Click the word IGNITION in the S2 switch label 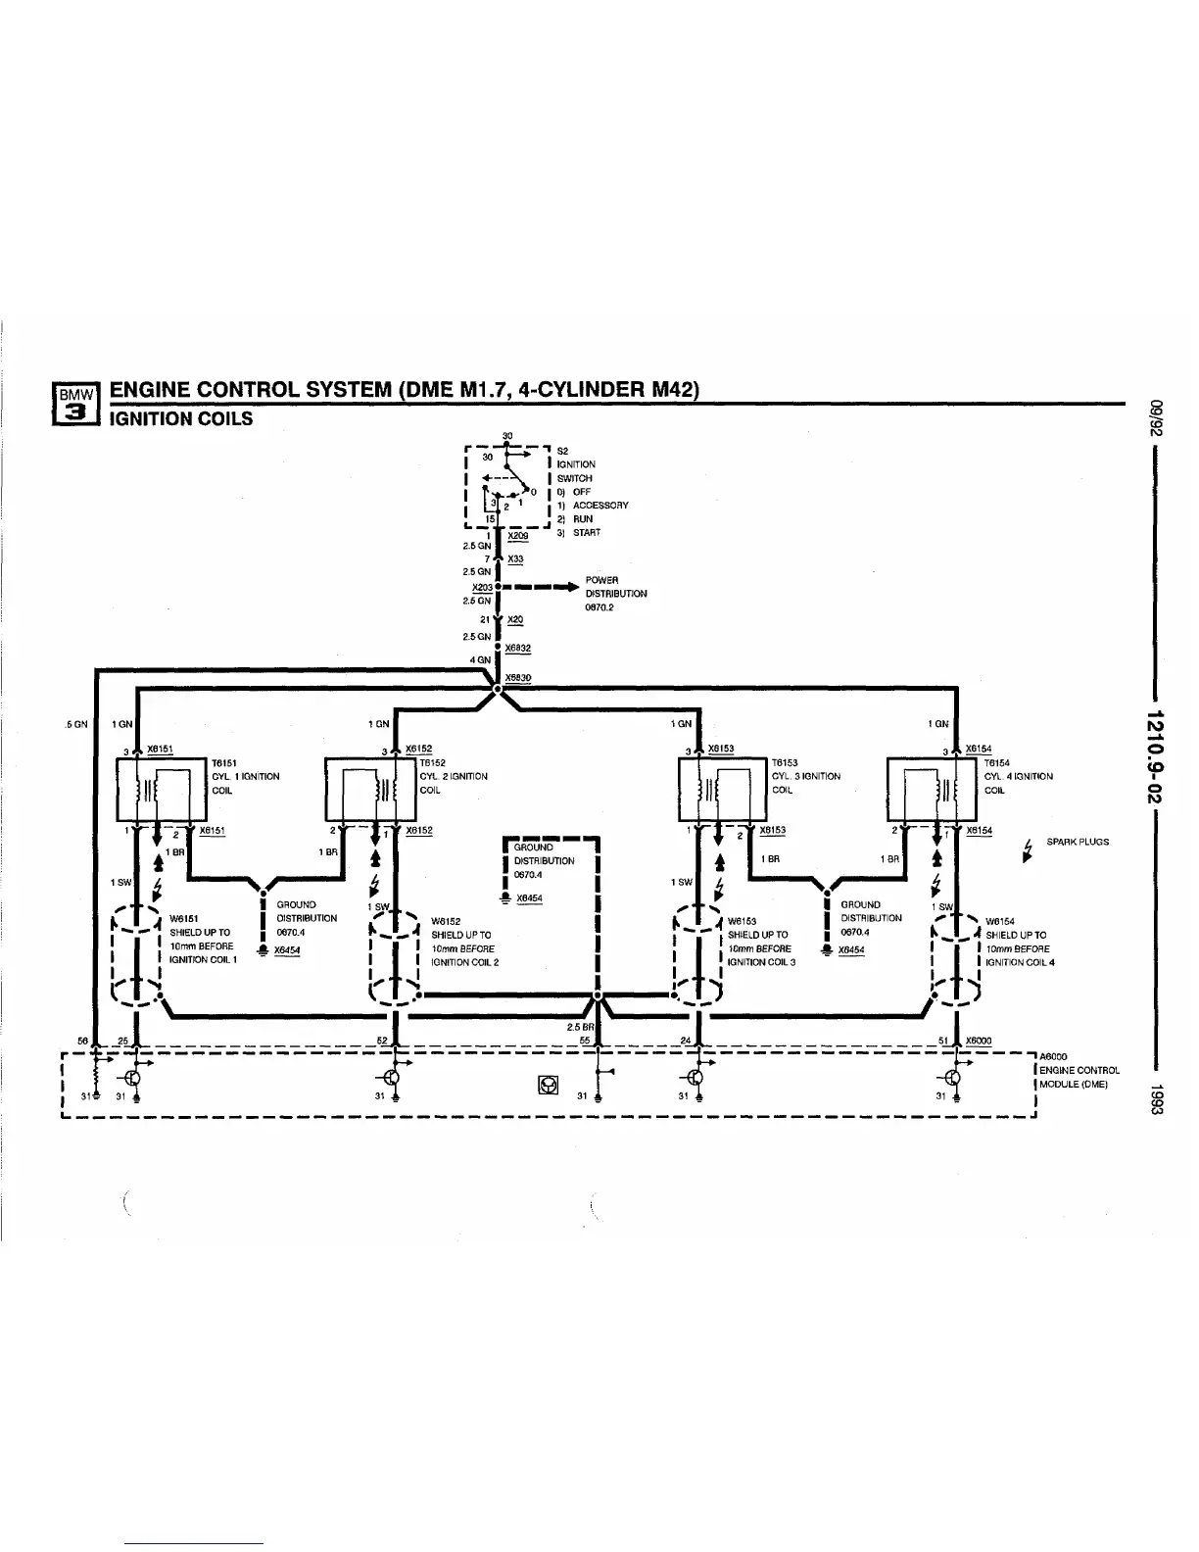[575, 464]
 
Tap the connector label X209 [519, 536]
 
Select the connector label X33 [515, 559]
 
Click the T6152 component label [432, 762]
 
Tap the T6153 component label [785, 762]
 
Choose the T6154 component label [996, 762]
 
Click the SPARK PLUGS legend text [1078, 842]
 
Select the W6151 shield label [184, 918]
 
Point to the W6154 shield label [1000, 921]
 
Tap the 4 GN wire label [480, 659]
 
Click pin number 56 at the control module [83, 1041]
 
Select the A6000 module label [1053, 1056]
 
